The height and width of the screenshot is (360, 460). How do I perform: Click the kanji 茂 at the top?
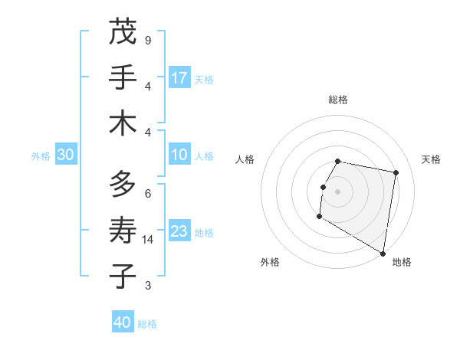click(x=123, y=32)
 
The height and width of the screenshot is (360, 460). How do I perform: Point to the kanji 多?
click(x=123, y=185)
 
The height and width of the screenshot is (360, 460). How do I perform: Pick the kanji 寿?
click(x=123, y=231)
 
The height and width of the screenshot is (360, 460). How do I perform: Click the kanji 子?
click(x=123, y=277)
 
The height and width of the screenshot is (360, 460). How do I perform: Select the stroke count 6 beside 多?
click(x=148, y=193)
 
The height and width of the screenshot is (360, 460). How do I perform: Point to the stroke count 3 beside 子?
click(x=148, y=286)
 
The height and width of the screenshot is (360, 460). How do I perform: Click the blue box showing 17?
click(x=179, y=78)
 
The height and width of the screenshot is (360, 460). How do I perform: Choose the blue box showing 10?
click(x=179, y=155)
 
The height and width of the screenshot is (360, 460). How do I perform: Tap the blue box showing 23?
click(x=179, y=231)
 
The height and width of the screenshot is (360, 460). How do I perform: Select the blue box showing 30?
click(x=65, y=155)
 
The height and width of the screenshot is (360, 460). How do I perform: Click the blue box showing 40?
click(x=123, y=322)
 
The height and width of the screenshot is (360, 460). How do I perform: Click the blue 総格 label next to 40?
click(x=147, y=324)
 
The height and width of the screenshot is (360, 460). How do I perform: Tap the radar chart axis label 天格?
click(x=431, y=159)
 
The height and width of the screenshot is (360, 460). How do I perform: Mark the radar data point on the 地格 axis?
click(x=383, y=254)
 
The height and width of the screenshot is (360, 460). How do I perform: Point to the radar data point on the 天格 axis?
click(x=396, y=173)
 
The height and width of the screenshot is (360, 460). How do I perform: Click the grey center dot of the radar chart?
click(x=337, y=191)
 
